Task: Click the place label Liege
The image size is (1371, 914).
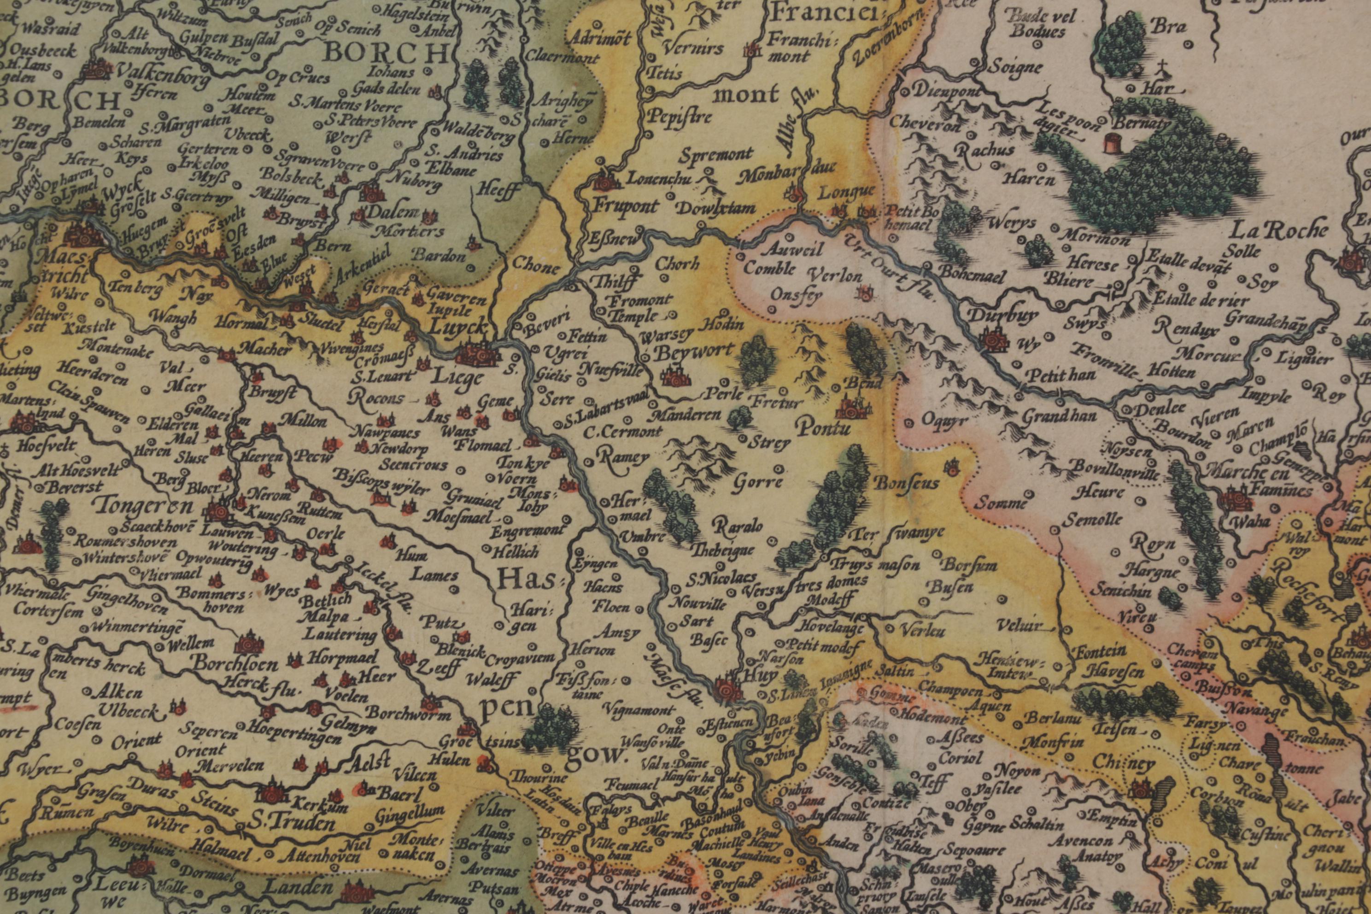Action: point(457,378)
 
